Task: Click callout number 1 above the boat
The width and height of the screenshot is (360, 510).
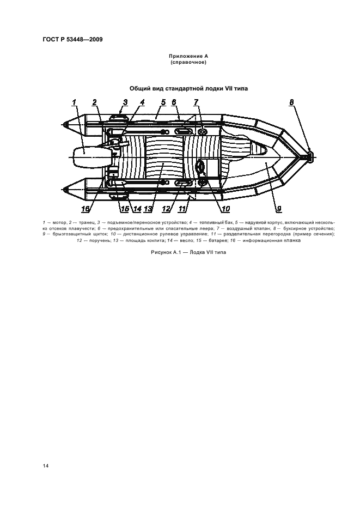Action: pos(74,102)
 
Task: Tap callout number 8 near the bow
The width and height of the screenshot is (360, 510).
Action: pos(292,102)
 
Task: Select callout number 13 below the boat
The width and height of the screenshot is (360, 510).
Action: pos(148,209)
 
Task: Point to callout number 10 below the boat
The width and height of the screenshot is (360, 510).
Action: pos(225,209)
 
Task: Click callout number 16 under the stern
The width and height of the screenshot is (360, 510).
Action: pos(86,209)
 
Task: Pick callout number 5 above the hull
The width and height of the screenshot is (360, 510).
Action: pos(163,102)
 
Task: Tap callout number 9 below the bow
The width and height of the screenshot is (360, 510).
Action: pos(279,209)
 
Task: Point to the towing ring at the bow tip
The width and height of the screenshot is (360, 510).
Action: pos(309,157)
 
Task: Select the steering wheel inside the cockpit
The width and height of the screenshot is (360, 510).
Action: pos(200,166)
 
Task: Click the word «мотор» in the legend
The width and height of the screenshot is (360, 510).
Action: pos(58,223)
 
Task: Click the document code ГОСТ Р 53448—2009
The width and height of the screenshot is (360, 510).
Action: pos(72,40)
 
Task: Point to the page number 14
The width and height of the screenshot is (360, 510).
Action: pos(46,466)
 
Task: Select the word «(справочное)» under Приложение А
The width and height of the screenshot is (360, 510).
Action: pos(188,62)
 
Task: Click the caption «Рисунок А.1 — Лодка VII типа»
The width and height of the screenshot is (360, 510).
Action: pos(188,252)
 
